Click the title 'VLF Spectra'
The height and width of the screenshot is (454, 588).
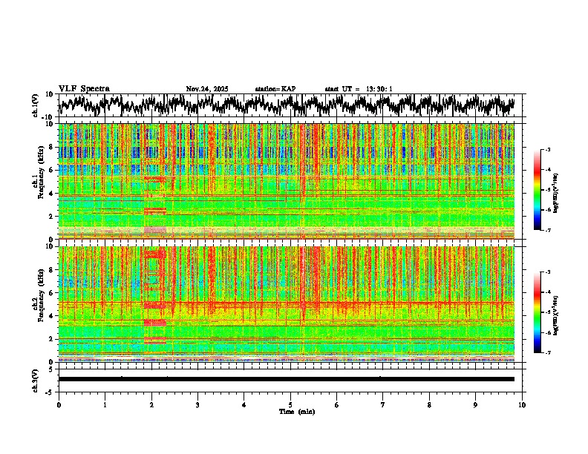(84, 89)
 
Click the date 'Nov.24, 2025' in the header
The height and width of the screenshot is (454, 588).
(207, 89)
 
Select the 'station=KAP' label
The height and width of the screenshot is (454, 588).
(275, 89)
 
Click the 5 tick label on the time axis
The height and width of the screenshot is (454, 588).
(290, 404)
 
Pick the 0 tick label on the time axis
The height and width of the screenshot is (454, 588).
(59, 404)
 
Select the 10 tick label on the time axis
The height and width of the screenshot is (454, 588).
(522, 404)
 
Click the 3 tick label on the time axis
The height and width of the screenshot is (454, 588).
(197, 404)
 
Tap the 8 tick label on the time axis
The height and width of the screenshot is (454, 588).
(429, 404)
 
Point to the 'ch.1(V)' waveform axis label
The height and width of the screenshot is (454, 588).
(36, 105)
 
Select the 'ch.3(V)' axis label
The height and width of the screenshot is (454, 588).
(36, 379)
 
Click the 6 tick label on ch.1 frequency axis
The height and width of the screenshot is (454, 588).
(53, 171)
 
